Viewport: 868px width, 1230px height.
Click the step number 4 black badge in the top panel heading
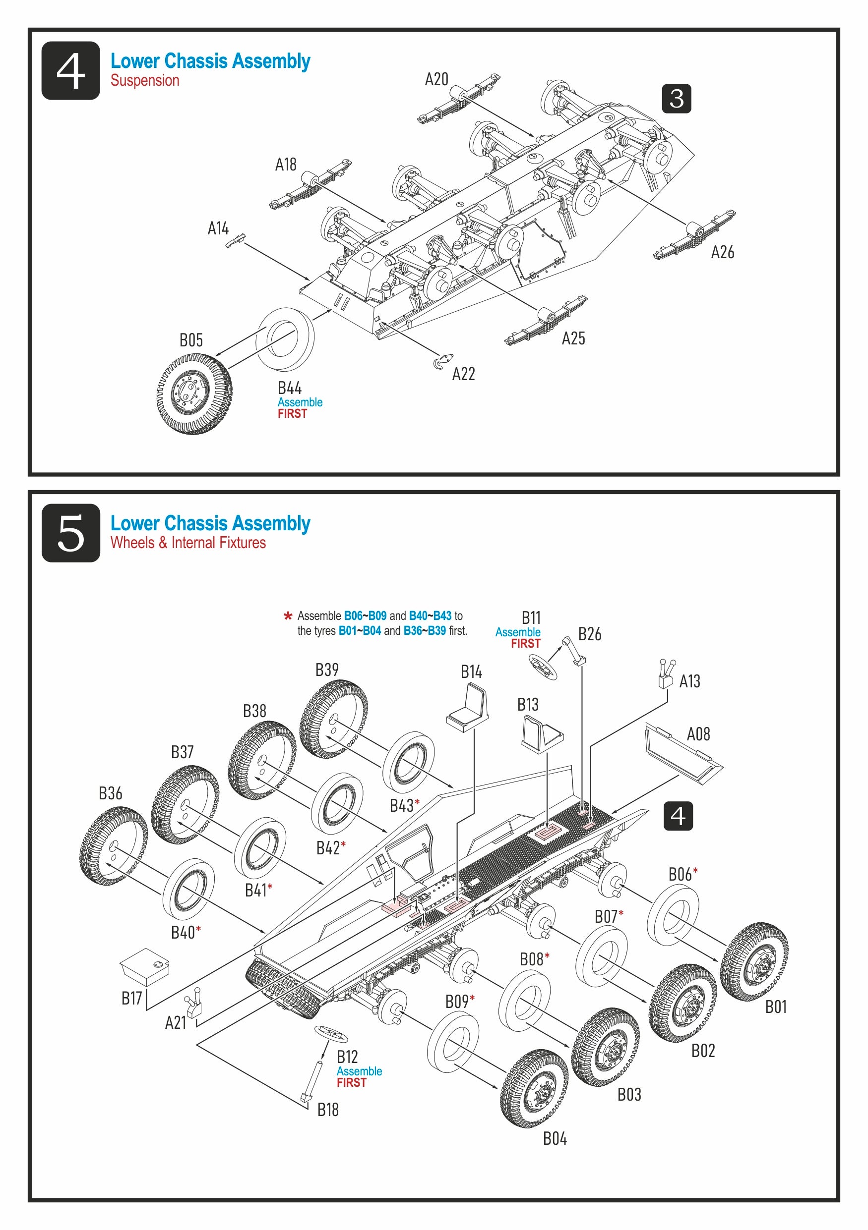(x=70, y=70)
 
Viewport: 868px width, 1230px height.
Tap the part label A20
(x=436, y=79)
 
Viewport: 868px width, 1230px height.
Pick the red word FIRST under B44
(x=292, y=414)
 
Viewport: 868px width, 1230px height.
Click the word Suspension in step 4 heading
(x=145, y=80)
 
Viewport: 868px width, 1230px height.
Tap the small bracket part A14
(x=236, y=240)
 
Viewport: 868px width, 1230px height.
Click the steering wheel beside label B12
(x=331, y=1032)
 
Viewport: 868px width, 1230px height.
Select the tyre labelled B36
(x=113, y=845)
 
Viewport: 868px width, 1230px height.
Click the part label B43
(x=402, y=805)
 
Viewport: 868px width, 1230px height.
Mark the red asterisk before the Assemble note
(x=288, y=616)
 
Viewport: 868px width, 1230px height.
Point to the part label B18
(x=327, y=1109)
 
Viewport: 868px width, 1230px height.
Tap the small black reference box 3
(x=676, y=99)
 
